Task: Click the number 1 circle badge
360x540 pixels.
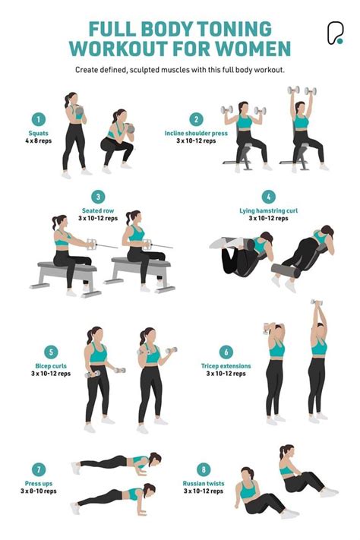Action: coord(37,118)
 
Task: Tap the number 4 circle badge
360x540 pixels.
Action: coord(268,197)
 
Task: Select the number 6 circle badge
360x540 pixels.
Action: coord(226,352)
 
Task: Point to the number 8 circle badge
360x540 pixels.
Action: coord(203,469)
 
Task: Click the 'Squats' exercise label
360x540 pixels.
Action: coord(37,133)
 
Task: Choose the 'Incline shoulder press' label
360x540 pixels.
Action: coord(196,133)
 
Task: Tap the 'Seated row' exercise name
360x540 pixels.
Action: coord(98,210)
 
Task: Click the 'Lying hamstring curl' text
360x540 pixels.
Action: coord(268,210)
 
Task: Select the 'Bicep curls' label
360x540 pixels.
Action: coord(50,366)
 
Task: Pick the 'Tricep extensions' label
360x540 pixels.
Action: coord(226,366)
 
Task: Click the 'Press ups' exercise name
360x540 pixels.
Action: coord(37,482)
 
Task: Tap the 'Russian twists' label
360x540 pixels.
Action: coord(203,482)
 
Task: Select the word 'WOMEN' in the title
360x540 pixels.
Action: coord(254,49)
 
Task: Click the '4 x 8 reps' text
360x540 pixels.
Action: coord(37,141)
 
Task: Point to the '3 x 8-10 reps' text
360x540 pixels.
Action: coord(37,491)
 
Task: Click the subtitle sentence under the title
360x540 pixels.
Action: coord(179,70)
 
